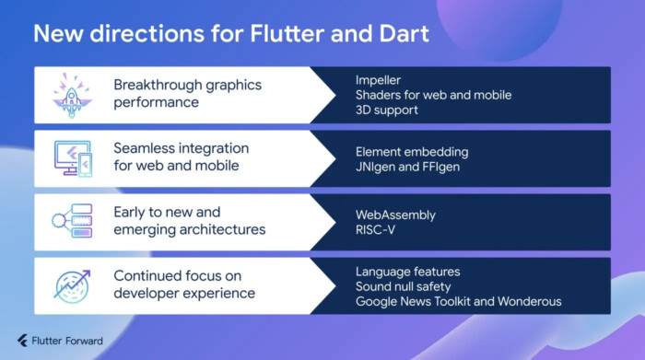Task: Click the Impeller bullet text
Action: tap(380, 79)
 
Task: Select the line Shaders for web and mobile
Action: tap(433, 95)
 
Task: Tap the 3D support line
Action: tap(387, 110)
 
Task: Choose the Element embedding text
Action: tap(412, 150)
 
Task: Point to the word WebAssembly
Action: tap(396, 215)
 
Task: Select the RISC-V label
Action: tap(376, 230)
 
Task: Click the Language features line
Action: tap(407, 271)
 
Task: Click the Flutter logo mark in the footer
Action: tap(21, 341)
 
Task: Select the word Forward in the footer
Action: tap(84, 341)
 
